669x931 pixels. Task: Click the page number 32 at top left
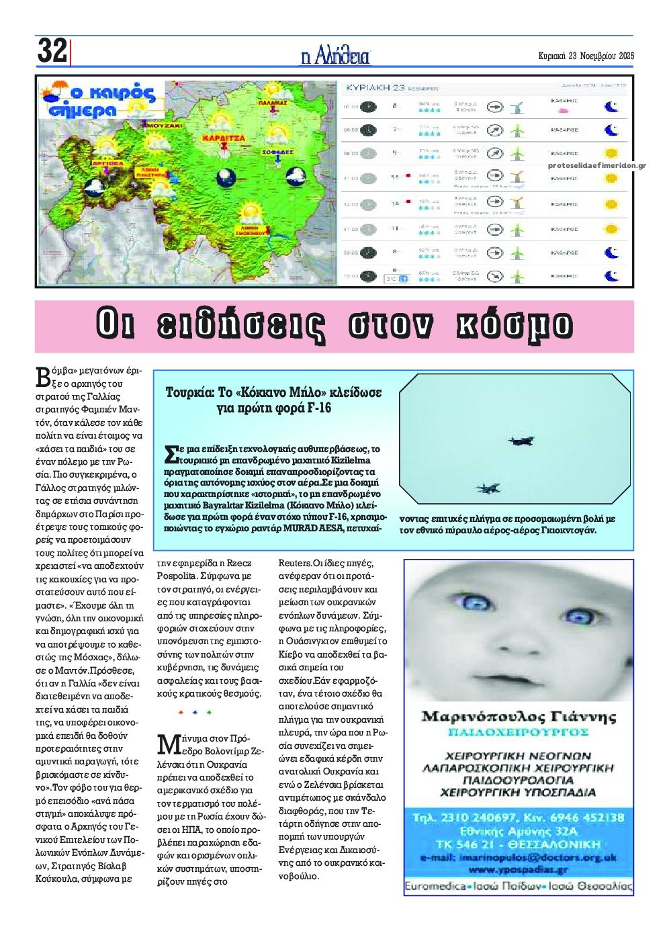(x=52, y=51)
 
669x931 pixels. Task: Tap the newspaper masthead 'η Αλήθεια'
(x=334, y=56)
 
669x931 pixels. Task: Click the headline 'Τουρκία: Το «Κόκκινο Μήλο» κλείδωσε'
(x=273, y=393)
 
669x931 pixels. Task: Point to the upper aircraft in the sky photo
(x=521, y=441)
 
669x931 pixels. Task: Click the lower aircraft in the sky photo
(x=488, y=488)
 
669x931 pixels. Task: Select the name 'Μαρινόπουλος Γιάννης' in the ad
(x=518, y=716)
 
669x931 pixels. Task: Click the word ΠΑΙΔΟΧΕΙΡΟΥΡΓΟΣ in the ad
(x=518, y=731)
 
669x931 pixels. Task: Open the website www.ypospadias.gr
(x=518, y=869)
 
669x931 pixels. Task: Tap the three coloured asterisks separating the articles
(x=195, y=713)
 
